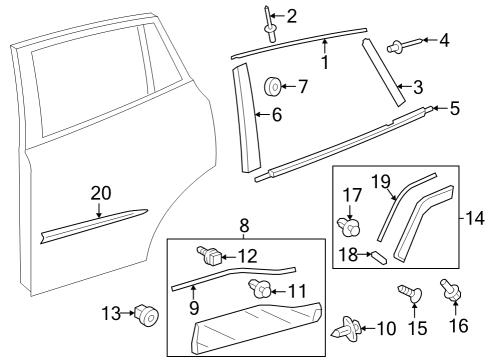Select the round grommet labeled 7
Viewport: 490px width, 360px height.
(x=271, y=87)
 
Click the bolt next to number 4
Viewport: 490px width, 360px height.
(x=395, y=43)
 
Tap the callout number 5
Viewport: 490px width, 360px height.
(x=454, y=107)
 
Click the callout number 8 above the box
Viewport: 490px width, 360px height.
(x=245, y=226)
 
